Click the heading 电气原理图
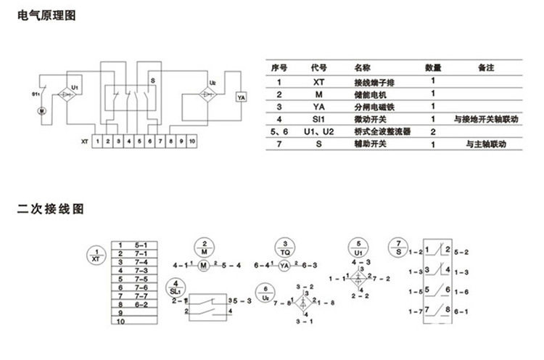tap(46, 15)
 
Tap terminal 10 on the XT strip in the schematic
tap(192, 142)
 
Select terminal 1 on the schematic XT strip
tap(97, 142)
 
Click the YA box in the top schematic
tap(242, 97)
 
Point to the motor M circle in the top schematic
tap(41, 110)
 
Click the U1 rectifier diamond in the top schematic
tap(70, 94)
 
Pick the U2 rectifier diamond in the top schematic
tap(208, 94)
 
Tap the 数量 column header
tap(434, 67)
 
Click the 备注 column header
tap(486, 67)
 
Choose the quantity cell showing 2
tap(433, 132)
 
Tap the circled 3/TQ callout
tap(285, 246)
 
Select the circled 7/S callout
tap(397, 246)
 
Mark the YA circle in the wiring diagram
tap(285, 266)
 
